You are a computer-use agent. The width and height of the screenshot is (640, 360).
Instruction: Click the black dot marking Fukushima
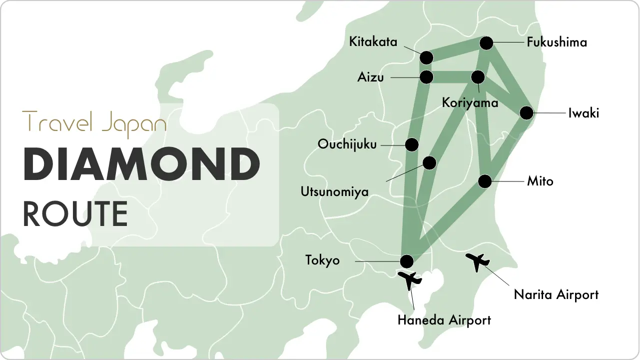coord(487,43)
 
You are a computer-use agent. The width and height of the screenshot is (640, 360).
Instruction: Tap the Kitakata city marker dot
coord(426,57)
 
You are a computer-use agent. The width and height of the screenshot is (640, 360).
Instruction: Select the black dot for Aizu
coord(426,77)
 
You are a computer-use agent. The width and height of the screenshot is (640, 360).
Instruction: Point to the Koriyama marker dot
coord(478,77)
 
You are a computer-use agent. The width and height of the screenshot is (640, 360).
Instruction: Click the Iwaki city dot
coord(527,113)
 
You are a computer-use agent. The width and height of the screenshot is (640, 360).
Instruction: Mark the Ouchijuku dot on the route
coord(412,144)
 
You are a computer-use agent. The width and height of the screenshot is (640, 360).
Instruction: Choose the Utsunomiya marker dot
coord(429,162)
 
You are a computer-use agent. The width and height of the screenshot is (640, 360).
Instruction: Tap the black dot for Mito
coord(485,181)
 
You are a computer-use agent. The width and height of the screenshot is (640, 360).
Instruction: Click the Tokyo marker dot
coord(407,261)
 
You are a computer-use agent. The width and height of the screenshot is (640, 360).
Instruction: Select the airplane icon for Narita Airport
coord(478,261)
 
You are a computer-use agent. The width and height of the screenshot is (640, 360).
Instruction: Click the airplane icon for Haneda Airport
coord(410,280)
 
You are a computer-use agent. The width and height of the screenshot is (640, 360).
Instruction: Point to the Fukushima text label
coord(557,42)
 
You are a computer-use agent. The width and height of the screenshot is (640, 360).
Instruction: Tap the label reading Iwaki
coord(583,113)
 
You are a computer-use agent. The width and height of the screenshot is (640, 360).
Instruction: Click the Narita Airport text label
coord(556,294)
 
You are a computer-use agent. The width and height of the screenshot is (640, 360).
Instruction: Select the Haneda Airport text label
coord(444,320)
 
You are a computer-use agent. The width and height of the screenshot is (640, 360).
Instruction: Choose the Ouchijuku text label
coord(347,144)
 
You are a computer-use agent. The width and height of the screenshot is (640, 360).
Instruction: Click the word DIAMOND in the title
coord(141,165)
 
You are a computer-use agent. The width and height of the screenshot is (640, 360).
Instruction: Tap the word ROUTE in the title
coord(75,213)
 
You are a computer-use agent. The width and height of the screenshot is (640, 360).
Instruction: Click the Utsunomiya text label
coord(334,191)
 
